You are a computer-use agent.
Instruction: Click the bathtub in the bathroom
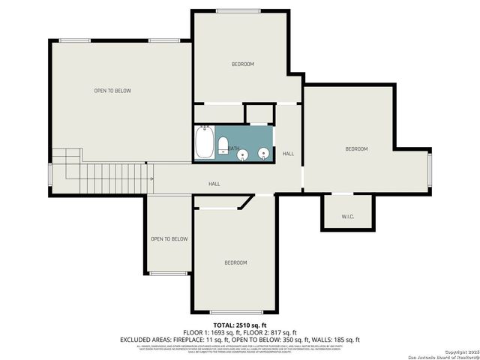(x=204, y=142)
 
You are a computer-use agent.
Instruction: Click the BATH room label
(x=234, y=148)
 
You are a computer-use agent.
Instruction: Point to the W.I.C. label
(x=347, y=217)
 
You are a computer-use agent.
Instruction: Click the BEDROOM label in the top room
(x=242, y=64)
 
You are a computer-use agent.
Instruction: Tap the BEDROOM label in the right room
(x=356, y=148)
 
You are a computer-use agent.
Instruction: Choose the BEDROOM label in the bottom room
(x=235, y=262)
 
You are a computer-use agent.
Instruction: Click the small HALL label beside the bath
(x=288, y=154)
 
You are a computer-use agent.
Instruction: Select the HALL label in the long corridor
(x=214, y=183)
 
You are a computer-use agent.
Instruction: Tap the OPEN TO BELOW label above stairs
(x=112, y=91)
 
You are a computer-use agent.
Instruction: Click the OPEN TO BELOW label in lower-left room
(x=169, y=239)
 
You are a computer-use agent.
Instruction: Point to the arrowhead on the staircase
(x=151, y=178)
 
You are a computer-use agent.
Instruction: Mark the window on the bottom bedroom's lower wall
(x=236, y=312)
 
